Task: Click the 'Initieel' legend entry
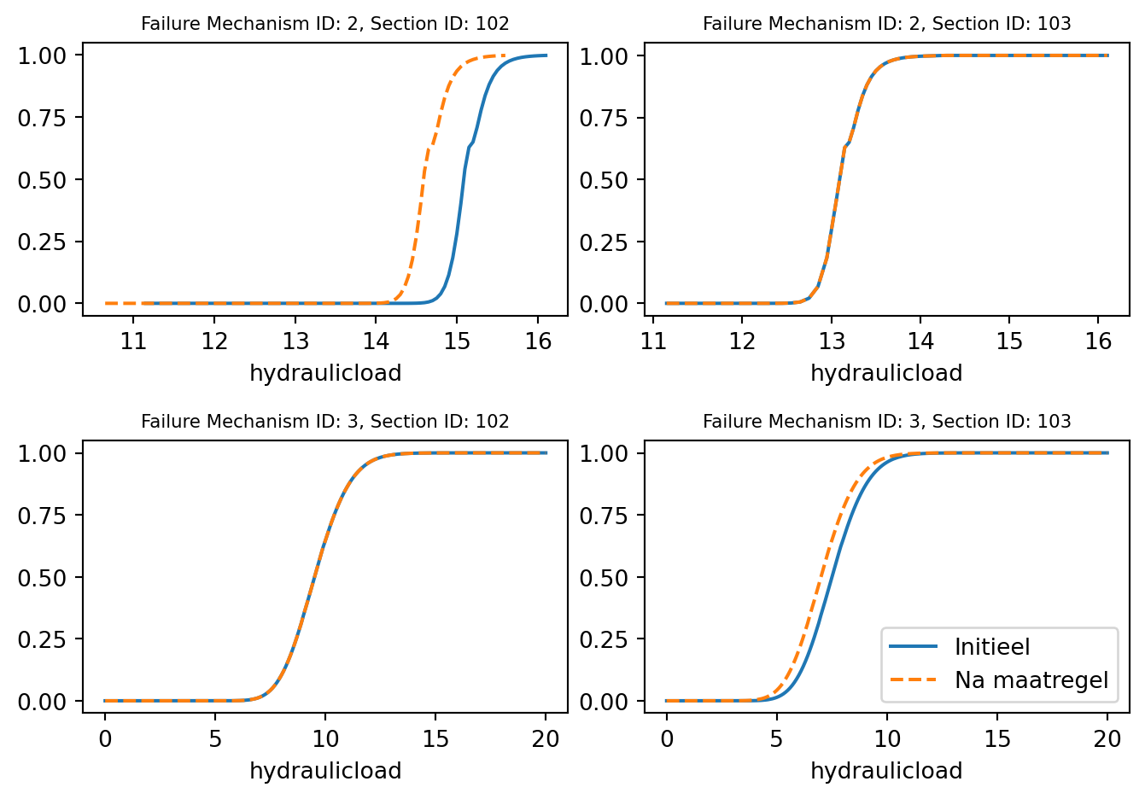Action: pyautogui.click(x=992, y=647)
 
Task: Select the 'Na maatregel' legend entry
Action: pyautogui.click(x=1031, y=680)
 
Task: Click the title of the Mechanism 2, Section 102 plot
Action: pyautogui.click(x=324, y=24)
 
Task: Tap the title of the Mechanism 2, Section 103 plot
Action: pyautogui.click(x=886, y=24)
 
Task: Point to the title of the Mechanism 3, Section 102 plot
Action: pyautogui.click(x=324, y=422)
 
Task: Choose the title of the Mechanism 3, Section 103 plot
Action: pyautogui.click(x=886, y=422)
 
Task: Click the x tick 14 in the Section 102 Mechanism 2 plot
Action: pyautogui.click(x=376, y=341)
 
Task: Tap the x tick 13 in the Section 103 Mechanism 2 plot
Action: pyautogui.click(x=832, y=341)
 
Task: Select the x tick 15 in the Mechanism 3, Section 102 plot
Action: pyautogui.click(x=435, y=739)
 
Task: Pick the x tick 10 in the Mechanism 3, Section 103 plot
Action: pyautogui.click(x=887, y=739)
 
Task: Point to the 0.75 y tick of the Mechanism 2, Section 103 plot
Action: pyautogui.click(x=603, y=118)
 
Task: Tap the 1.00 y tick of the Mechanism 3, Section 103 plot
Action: pyautogui.click(x=603, y=453)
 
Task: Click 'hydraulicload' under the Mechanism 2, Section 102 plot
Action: pyautogui.click(x=324, y=373)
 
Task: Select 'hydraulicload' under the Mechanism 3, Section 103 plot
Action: pyautogui.click(x=886, y=771)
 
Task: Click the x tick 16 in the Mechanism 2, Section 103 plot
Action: pyautogui.click(x=1098, y=341)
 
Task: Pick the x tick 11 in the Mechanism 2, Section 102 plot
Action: pyautogui.click(x=133, y=341)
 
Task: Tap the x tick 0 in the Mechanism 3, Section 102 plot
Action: pyautogui.click(x=105, y=739)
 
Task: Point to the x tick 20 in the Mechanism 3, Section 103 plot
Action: pyautogui.click(x=1107, y=739)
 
